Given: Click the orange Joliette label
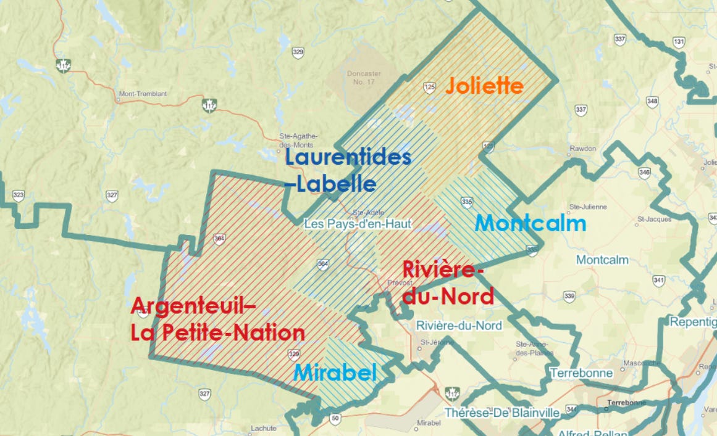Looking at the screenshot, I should (x=485, y=86).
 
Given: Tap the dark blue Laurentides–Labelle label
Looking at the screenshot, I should (x=347, y=171).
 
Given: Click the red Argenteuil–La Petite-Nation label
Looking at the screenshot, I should (x=217, y=319).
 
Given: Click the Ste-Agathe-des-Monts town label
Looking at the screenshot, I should (x=298, y=140).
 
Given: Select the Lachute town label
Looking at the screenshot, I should (x=263, y=428).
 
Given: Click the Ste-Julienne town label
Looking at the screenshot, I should (x=588, y=207).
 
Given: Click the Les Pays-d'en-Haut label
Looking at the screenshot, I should (x=357, y=224).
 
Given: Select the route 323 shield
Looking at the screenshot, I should (x=19, y=196).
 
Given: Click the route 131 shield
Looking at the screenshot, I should (x=679, y=42).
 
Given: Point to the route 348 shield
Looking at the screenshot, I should (x=652, y=101).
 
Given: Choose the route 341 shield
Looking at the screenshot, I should (x=659, y=281).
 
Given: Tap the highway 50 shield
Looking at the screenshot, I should (x=335, y=419).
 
